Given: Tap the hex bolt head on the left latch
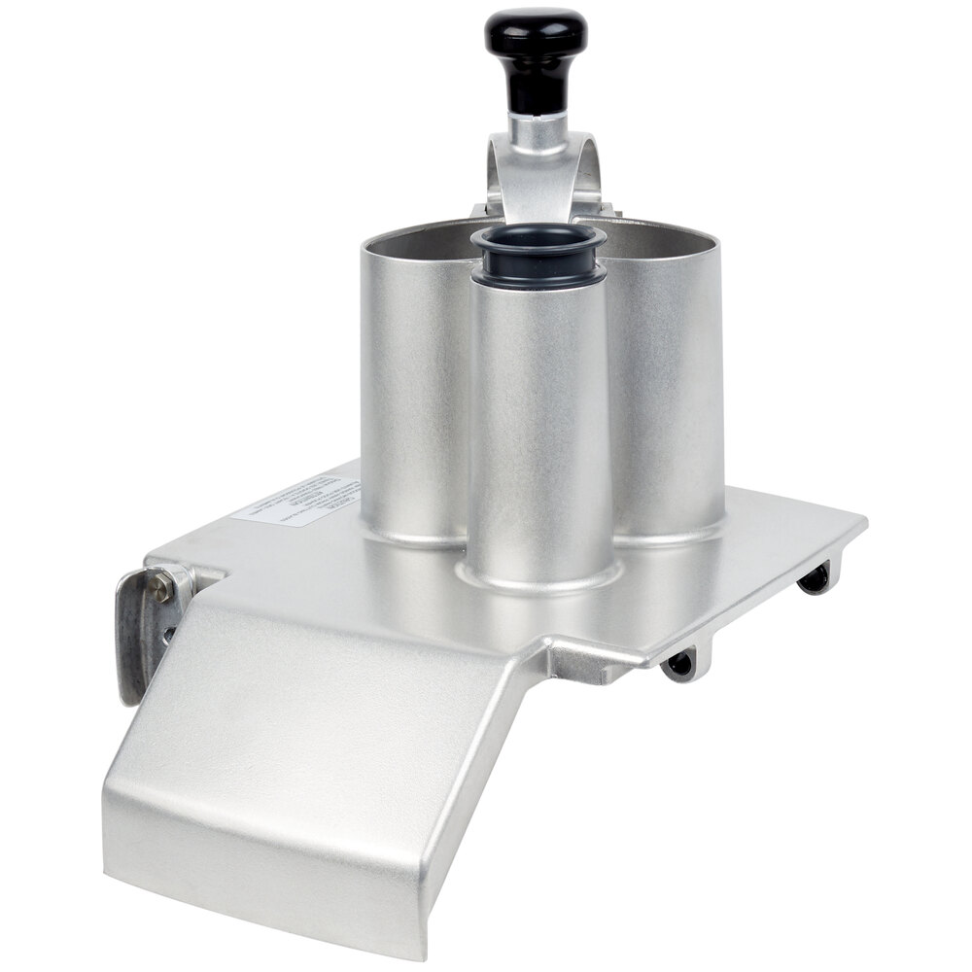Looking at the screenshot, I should click(162, 586).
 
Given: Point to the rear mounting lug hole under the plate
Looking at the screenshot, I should click(815, 580).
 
